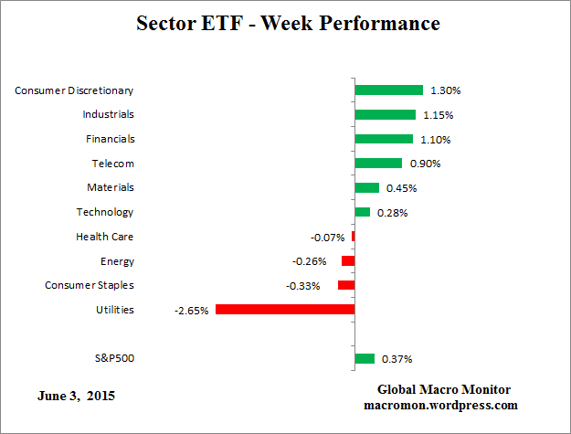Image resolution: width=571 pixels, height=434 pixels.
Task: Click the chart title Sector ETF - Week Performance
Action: (x=285, y=23)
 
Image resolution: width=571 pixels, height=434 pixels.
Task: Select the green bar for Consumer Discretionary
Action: (x=389, y=90)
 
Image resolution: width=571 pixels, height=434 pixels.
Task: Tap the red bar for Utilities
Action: (x=285, y=310)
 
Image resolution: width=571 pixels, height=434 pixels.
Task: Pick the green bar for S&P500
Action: (x=365, y=359)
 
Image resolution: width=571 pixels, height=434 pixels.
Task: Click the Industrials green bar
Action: (x=385, y=115)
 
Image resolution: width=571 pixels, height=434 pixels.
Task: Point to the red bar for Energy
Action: (x=348, y=261)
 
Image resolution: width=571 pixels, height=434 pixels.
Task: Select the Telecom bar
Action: (x=378, y=164)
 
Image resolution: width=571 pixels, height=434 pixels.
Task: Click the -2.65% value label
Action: (x=192, y=311)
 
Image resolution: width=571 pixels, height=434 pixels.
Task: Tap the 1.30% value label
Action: (x=445, y=91)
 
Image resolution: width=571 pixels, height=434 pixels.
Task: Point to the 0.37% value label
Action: (x=396, y=360)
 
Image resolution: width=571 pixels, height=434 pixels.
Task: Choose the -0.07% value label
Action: (x=328, y=238)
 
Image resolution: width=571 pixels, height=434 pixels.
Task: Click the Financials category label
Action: (x=111, y=139)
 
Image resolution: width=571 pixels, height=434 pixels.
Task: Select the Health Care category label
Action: (x=105, y=237)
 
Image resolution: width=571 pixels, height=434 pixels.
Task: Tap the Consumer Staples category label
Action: (x=90, y=285)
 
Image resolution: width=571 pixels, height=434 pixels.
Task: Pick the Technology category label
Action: (x=105, y=212)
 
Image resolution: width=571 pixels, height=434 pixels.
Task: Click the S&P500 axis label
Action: (x=113, y=358)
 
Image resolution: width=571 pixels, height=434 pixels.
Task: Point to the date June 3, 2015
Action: (x=77, y=397)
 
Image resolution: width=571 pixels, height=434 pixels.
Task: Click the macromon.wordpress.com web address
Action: (x=441, y=405)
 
